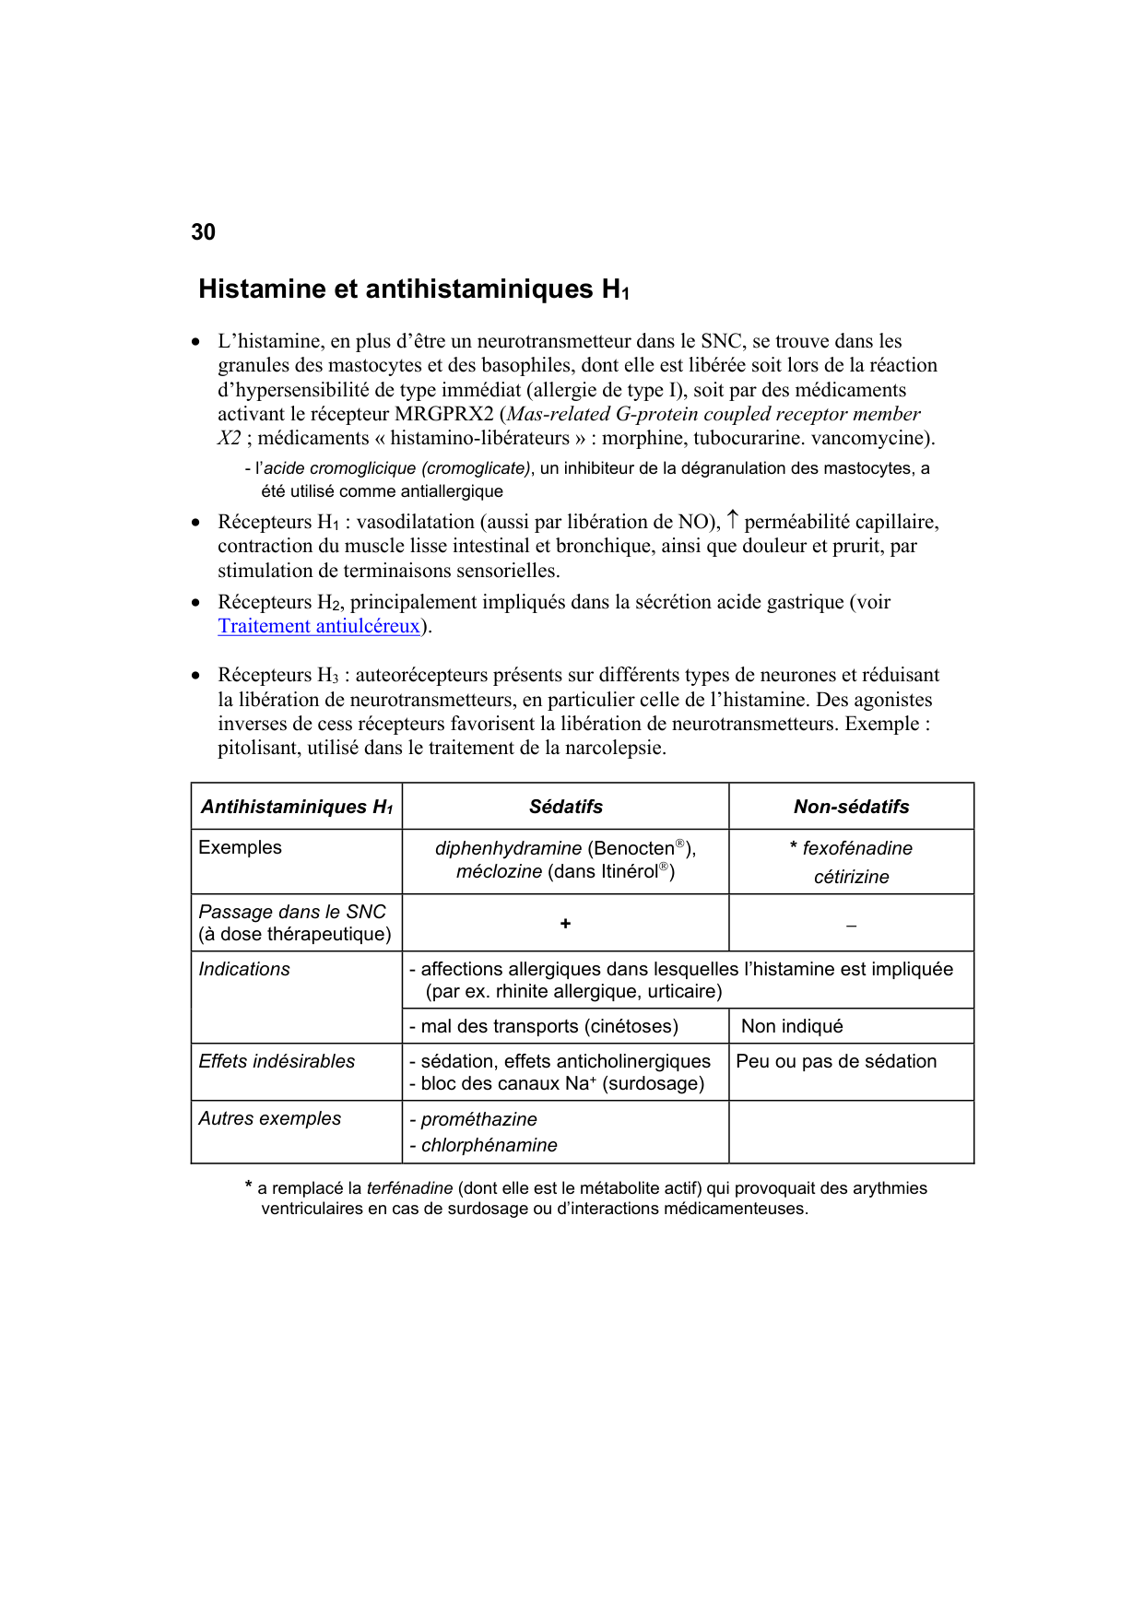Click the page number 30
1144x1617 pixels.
coord(203,232)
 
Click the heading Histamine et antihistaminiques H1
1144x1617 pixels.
coord(413,289)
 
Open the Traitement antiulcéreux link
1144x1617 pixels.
coord(319,626)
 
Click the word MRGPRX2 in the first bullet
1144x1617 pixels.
coord(443,414)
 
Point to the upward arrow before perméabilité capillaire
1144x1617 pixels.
coord(732,520)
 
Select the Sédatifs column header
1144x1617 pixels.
coord(565,807)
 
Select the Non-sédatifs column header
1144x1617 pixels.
coord(851,807)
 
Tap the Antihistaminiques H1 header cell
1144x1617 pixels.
coord(297,807)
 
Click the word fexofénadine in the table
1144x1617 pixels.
coord(857,848)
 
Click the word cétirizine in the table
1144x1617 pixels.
coord(851,877)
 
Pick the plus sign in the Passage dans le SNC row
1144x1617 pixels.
coord(565,923)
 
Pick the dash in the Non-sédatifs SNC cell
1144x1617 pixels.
coord(851,925)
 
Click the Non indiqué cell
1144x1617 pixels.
coord(792,1026)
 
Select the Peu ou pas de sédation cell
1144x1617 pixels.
coord(836,1061)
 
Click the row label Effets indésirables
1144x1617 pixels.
coord(277,1061)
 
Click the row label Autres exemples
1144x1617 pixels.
coord(269,1118)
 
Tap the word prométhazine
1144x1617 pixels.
coord(478,1119)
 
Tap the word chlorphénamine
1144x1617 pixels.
coord(489,1145)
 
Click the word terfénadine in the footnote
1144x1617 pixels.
coord(409,1188)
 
